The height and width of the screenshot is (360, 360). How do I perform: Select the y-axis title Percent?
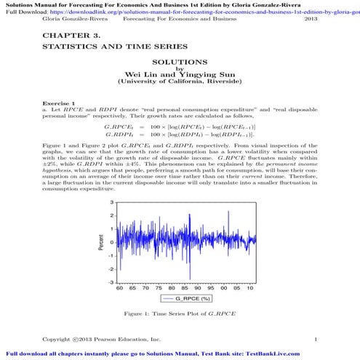tap(101, 242)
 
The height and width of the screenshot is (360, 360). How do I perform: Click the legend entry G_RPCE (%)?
tap(190, 298)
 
